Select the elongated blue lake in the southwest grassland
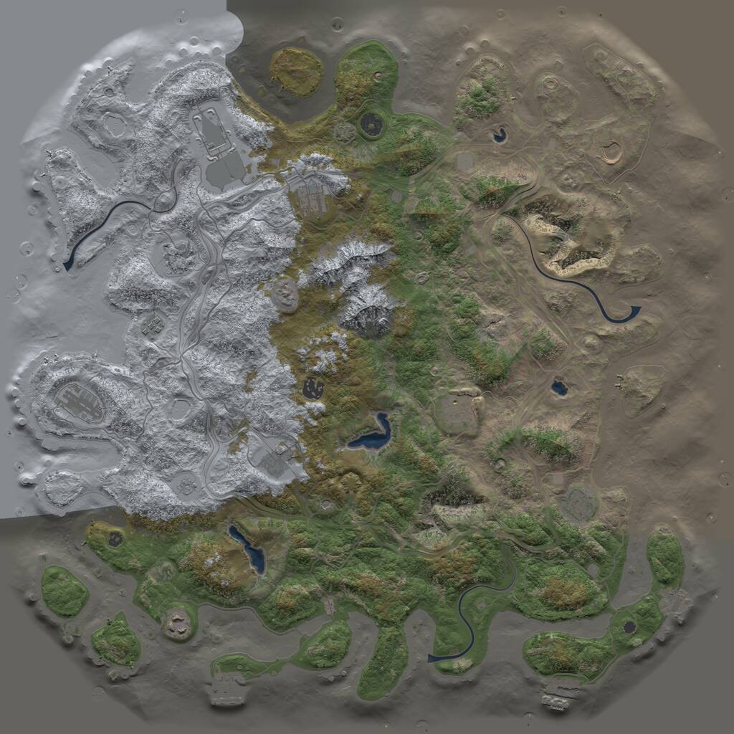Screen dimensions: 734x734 (247, 548)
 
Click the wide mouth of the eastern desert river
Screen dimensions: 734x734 (634, 310)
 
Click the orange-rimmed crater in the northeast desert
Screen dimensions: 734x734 (611, 152)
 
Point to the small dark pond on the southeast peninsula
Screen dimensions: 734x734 (629, 627)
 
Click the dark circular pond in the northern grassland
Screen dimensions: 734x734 (371, 125)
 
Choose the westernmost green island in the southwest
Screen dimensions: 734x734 (65, 591)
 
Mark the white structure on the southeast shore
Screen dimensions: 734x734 (556, 699)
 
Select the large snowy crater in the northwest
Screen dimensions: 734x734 (115, 125)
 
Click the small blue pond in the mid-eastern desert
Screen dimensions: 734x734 (559, 389)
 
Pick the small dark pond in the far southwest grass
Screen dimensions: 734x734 (115, 539)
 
